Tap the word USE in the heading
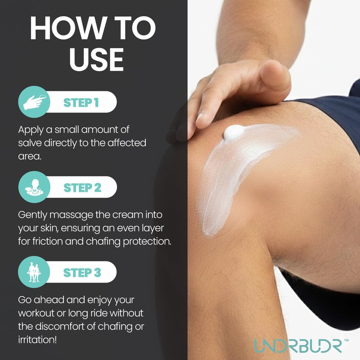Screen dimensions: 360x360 click(x=96, y=59)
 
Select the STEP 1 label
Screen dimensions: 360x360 click(x=81, y=103)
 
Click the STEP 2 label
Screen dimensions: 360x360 click(x=82, y=188)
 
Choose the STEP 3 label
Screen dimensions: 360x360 click(x=82, y=273)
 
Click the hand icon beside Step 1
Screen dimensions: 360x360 click(x=34, y=102)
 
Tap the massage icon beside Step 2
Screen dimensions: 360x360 click(x=34, y=187)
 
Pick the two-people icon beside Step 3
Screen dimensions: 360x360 click(x=34, y=272)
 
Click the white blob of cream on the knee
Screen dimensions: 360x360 click(x=234, y=132)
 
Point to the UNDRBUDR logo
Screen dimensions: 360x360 click(x=298, y=346)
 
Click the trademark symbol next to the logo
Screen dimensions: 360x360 click(x=346, y=341)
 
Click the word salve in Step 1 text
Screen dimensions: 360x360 click(x=30, y=143)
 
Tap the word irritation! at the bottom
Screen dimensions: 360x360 click(x=37, y=340)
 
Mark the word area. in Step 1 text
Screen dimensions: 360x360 click(x=30, y=157)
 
